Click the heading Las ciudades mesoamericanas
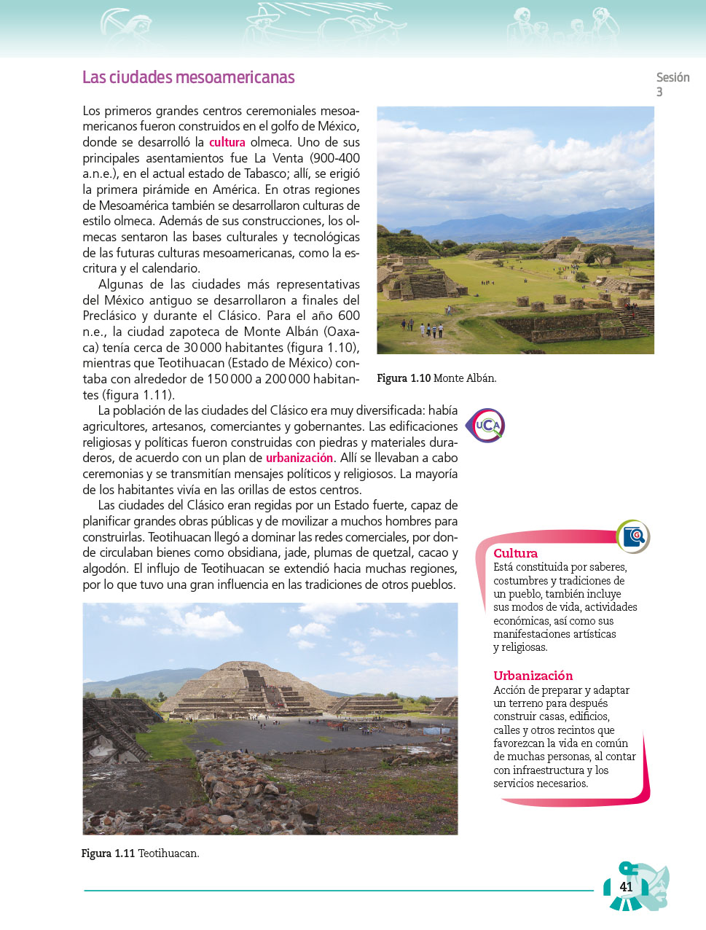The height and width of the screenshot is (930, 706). tap(188, 77)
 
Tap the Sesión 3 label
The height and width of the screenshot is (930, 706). tap(672, 83)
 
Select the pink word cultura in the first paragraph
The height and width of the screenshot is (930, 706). tap(227, 143)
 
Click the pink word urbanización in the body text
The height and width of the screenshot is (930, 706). tap(299, 458)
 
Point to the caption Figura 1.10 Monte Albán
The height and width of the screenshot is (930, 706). tap(436, 378)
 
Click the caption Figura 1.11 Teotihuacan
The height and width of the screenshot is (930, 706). tap(140, 853)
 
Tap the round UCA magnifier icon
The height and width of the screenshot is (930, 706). tap(485, 426)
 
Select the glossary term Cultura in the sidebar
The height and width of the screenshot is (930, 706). tap(515, 553)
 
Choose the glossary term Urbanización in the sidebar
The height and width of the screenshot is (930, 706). tap(533, 676)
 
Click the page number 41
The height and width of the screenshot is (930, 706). tap(626, 887)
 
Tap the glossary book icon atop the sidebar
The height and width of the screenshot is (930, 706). tap(632, 536)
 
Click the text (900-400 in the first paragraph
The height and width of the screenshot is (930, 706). tap(334, 158)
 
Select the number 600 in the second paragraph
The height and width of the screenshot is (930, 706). tap(348, 316)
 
